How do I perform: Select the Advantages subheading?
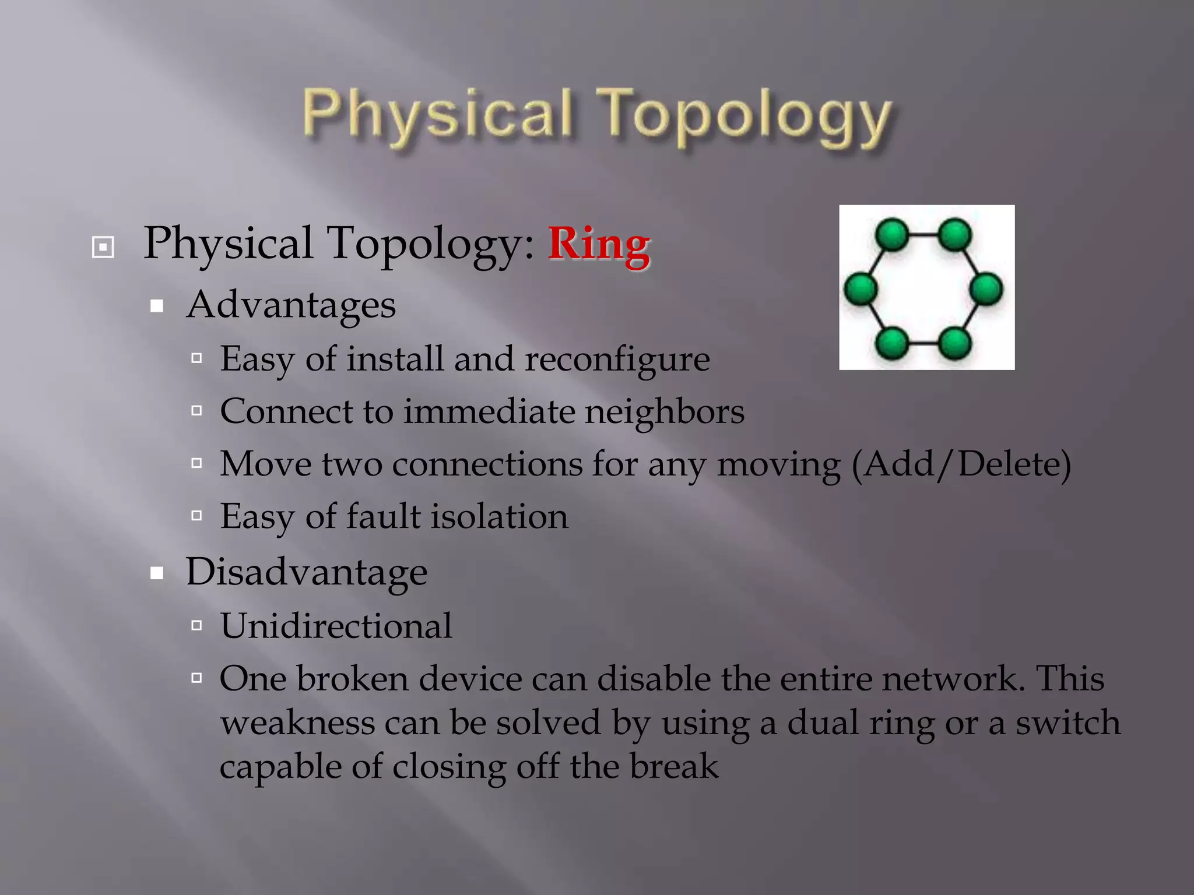290,305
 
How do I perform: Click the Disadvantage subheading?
306,572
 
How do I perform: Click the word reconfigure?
617,359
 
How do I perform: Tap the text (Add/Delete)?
961,464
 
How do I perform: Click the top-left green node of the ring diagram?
892,235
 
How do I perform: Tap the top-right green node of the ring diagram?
955,235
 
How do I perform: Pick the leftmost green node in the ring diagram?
861,289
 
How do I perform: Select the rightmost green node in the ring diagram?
986,289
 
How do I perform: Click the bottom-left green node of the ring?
892,343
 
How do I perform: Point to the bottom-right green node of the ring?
955,343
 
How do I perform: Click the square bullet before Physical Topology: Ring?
103,247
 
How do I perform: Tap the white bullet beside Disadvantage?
156,573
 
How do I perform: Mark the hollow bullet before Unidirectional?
196,626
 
